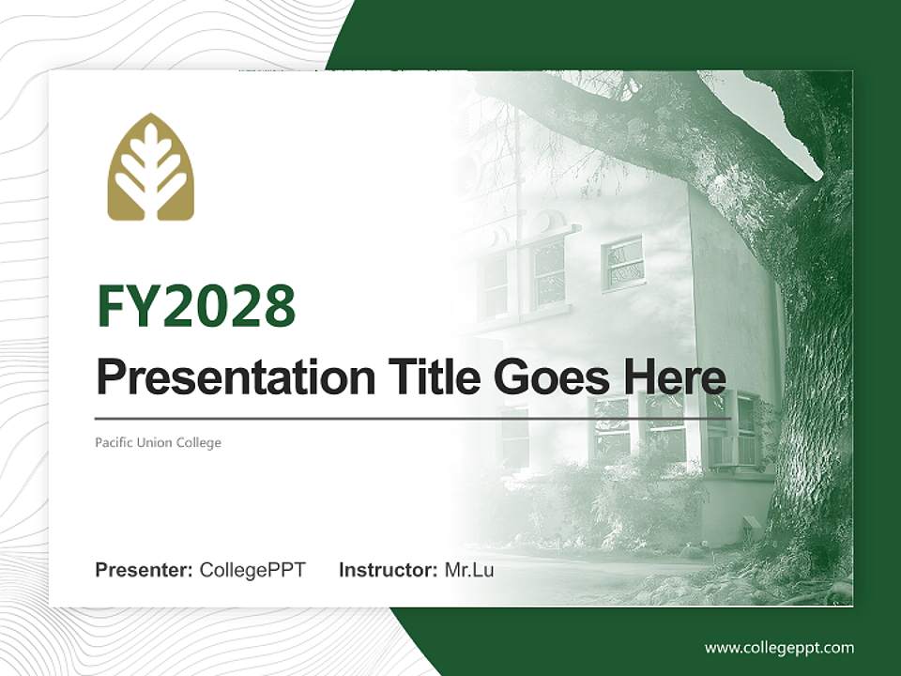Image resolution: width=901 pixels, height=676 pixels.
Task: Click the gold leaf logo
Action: pyautogui.click(x=151, y=167)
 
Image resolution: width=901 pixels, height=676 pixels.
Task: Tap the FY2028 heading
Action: pyautogui.click(x=196, y=306)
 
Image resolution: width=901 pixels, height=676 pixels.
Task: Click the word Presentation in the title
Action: pyautogui.click(x=236, y=377)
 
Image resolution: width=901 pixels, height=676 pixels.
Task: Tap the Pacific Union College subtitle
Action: pyautogui.click(x=158, y=442)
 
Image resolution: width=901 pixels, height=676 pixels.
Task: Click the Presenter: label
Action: pyautogui.click(x=144, y=570)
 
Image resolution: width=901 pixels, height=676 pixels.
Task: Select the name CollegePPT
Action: pyautogui.click(x=252, y=570)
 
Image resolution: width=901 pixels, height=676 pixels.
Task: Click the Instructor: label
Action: pyautogui.click(x=389, y=570)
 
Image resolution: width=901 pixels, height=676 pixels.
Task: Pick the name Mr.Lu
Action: pyautogui.click(x=469, y=570)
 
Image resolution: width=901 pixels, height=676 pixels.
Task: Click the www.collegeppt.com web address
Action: pyautogui.click(x=779, y=649)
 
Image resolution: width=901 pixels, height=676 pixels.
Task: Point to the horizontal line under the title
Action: pyautogui.click(x=413, y=419)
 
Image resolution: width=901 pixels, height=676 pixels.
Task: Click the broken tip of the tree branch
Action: pyautogui.click(x=816, y=173)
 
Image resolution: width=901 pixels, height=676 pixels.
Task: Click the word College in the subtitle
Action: pyautogui.click(x=198, y=443)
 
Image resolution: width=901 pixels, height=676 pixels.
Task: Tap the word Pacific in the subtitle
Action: pyautogui.click(x=114, y=442)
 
